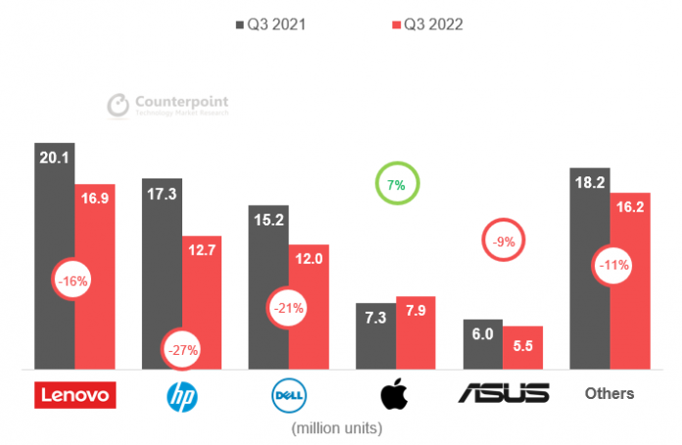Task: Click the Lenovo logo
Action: (75, 394)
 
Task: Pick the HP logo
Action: (182, 395)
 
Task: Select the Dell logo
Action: (290, 395)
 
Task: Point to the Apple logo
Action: (396, 394)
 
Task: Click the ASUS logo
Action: (504, 394)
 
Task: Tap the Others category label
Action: (609, 394)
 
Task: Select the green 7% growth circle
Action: (396, 184)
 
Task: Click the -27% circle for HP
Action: (182, 349)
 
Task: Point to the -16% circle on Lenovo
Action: (73, 281)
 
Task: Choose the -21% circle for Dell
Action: (290, 308)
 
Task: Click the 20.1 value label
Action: (54, 158)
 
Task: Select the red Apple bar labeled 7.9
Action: (415, 333)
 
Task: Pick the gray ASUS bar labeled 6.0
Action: (483, 345)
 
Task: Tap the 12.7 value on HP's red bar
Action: (201, 250)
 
